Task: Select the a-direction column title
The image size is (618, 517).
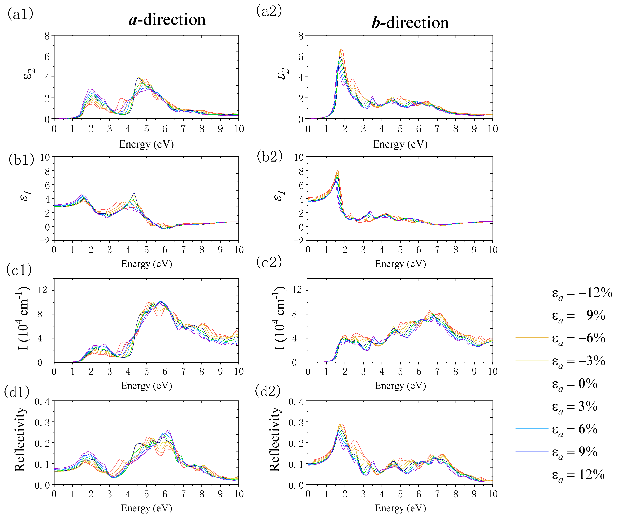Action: click(167, 20)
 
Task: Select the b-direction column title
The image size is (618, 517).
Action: click(410, 23)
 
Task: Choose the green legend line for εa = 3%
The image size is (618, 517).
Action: click(532, 406)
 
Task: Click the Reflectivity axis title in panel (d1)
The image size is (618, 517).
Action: click(20, 439)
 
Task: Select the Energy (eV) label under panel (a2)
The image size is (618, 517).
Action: click(400, 144)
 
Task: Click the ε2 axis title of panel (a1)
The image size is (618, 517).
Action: click(29, 74)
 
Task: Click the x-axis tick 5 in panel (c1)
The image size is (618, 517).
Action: click(146, 372)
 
